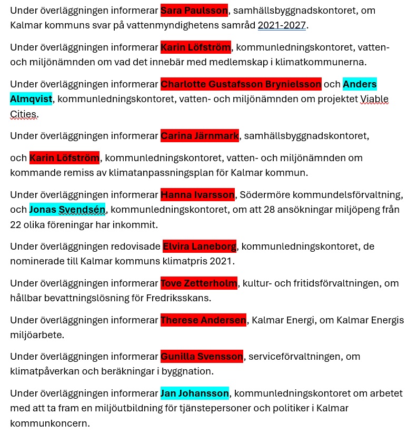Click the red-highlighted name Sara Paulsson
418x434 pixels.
coord(194,11)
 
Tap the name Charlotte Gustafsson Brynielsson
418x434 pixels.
coord(241,84)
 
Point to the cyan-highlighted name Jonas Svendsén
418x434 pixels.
coord(67,210)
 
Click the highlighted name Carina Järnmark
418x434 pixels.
coord(200,136)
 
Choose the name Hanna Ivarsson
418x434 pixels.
coord(197,195)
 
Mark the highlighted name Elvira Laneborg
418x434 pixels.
coord(200,246)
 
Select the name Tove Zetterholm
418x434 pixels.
coord(199,283)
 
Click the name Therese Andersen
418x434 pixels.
coord(203,320)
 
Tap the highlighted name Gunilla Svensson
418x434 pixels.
coord(202,357)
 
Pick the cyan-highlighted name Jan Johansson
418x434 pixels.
coord(195,393)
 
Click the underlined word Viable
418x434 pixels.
coord(374,99)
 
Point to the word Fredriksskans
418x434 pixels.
coord(177,298)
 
